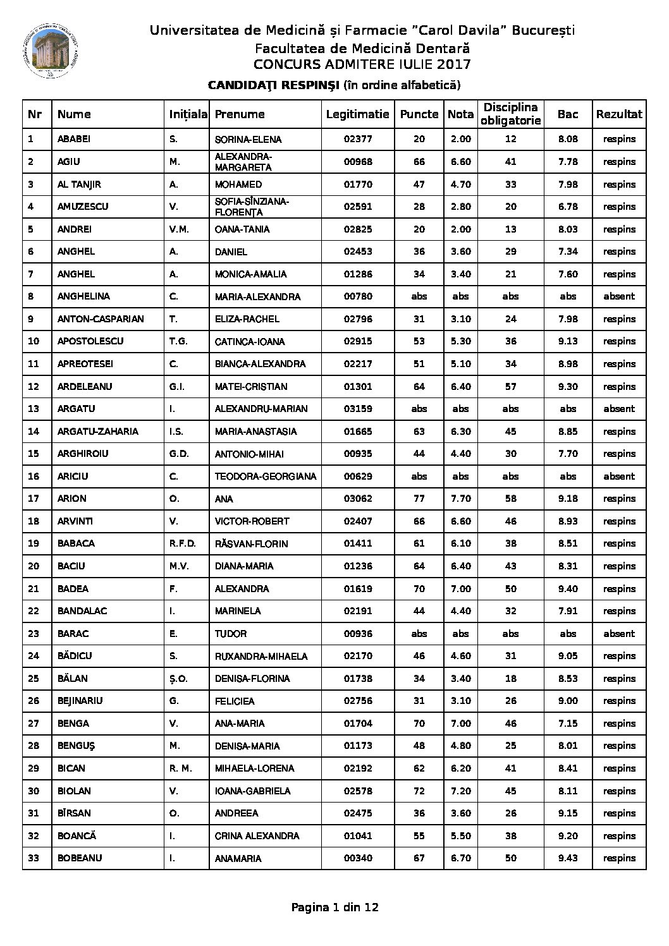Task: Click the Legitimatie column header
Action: [x=357, y=114]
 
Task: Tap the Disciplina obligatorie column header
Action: [x=510, y=114]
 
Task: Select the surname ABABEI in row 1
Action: [x=75, y=139]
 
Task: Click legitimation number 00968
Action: [x=358, y=162]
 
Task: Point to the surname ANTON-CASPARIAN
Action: [x=101, y=319]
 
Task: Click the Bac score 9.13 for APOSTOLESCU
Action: [x=568, y=341]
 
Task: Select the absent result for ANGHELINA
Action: [x=619, y=296]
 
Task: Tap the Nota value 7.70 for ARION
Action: [x=460, y=499]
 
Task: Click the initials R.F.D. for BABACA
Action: [x=183, y=543]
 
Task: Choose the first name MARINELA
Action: [x=238, y=611]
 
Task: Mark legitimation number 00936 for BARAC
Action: [x=358, y=634]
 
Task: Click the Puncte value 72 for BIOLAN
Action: [x=419, y=791]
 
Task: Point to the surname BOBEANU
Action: [x=80, y=858]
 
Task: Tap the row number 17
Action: [x=34, y=499]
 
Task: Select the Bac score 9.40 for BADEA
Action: [x=568, y=589]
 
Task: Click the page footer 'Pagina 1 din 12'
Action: [x=334, y=908]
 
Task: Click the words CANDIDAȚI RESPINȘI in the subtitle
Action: [x=274, y=85]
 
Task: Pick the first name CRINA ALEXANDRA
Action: [x=257, y=836]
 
